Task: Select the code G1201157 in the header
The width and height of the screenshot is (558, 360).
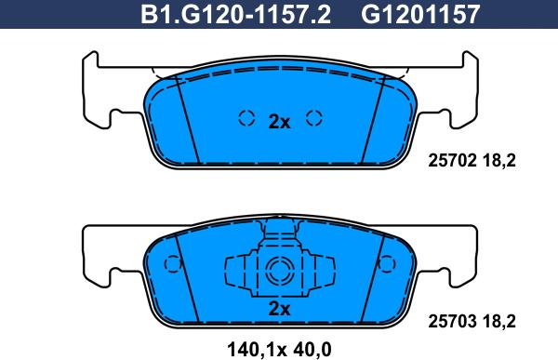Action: tap(421, 14)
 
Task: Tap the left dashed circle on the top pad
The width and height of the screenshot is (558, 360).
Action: tap(246, 118)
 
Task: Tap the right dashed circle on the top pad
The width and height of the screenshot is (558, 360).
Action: tap(314, 118)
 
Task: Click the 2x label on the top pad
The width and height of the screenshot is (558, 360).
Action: tap(279, 121)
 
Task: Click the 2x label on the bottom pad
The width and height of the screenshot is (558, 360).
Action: tap(279, 309)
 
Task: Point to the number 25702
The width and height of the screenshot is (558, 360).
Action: tap(451, 159)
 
